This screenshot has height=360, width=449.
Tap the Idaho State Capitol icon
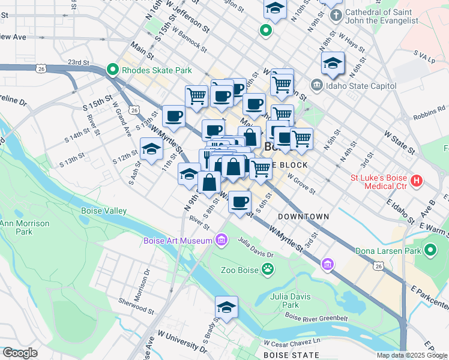pos(316,86)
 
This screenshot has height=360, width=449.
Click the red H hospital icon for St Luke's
pos(415,180)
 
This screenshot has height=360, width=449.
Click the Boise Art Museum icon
pos(221,241)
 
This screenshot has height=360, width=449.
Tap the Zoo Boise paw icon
pos(267,270)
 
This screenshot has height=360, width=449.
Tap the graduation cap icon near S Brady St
pos(226,307)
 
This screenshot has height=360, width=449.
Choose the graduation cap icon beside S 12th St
pos(151,150)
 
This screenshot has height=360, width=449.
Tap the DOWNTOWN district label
pos(303,216)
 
